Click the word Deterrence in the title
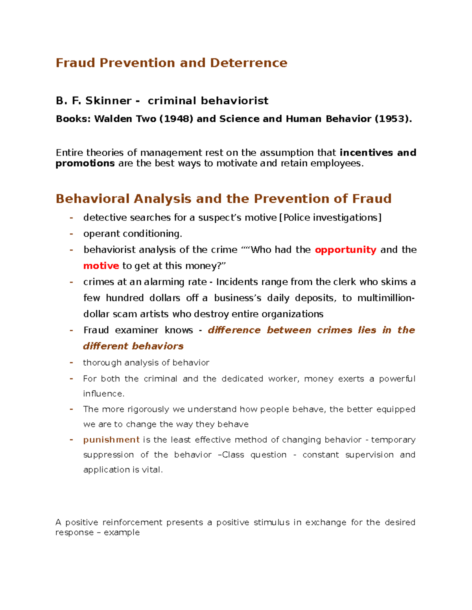point(249,63)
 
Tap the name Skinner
point(109,101)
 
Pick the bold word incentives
point(366,152)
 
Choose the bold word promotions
point(85,163)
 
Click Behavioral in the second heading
point(93,199)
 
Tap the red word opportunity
point(345,250)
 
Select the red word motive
point(101,266)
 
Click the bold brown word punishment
point(111,440)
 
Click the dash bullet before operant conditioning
point(71,234)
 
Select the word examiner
point(136,330)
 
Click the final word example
point(122,533)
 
